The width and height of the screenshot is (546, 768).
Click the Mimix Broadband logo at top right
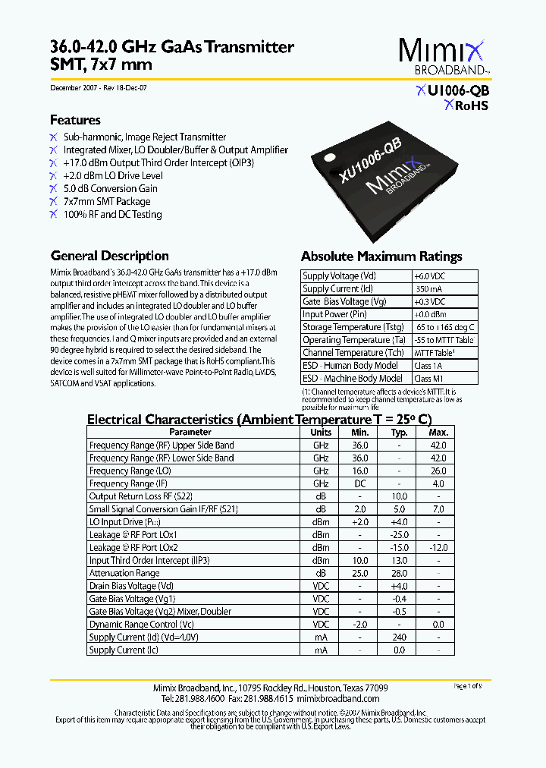point(444,57)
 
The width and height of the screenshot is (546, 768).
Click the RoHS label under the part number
point(466,105)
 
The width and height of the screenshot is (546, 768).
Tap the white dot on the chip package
point(329,158)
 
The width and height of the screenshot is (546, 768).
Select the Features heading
point(75,120)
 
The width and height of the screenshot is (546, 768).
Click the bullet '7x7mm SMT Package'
point(106,202)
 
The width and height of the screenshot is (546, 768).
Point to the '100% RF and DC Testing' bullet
point(112,215)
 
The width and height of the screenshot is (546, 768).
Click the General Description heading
point(109,256)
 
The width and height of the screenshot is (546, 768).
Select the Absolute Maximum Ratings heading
point(381,257)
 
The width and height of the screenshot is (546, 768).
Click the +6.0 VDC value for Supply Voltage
point(429,276)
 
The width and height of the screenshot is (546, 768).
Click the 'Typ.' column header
point(399,432)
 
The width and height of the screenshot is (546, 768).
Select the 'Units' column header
point(321,432)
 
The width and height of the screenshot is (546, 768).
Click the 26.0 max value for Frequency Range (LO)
point(438,471)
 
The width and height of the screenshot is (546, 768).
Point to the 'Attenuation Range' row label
point(124,574)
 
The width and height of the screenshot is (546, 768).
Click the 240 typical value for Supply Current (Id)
point(399,637)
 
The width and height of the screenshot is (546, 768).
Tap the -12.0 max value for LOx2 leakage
point(438,548)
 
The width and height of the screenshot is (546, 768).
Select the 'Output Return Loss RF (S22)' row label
point(140,496)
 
